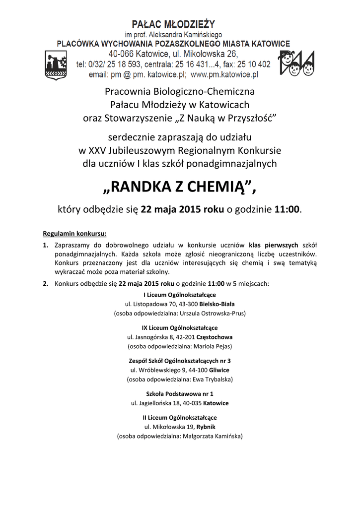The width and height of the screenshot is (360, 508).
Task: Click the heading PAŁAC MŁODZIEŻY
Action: coord(173,23)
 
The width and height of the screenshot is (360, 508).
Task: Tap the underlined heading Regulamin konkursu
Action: coord(74,233)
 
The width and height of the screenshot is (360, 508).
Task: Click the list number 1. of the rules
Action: coord(45,245)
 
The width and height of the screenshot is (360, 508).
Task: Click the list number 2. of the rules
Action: coord(45,284)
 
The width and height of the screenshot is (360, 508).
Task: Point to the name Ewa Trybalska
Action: coord(212,379)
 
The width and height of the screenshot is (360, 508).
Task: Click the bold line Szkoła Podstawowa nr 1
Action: coord(180,393)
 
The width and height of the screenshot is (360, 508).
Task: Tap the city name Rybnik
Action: coord(206,427)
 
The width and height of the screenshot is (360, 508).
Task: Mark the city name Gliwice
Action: coord(219,370)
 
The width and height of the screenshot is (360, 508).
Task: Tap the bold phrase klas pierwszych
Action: coord(274,245)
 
